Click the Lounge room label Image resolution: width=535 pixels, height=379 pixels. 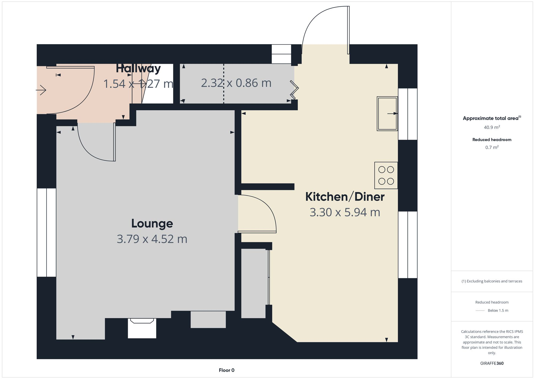(x=152, y=224)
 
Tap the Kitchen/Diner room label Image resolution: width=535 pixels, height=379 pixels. (x=345, y=197)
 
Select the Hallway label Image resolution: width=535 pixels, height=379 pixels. (x=138, y=69)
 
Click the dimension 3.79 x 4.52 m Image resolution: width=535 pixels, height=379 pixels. (x=152, y=239)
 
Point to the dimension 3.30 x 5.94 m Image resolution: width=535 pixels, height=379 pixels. (x=345, y=212)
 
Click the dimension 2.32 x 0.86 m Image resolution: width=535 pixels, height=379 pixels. (x=236, y=83)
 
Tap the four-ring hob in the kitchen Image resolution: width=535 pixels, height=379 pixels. (x=386, y=175)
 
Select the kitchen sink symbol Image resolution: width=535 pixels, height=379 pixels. (x=387, y=114)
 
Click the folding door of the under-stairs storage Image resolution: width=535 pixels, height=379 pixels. (x=294, y=88)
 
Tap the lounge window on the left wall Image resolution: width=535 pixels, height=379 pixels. (x=47, y=232)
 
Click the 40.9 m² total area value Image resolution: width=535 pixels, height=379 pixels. (x=492, y=127)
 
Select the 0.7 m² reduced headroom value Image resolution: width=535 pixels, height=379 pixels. (x=492, y=148)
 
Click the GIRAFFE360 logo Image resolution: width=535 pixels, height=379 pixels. (x=492, y=363)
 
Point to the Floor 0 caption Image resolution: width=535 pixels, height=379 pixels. (x=227, y=370)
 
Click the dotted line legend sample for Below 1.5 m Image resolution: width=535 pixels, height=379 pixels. (x=480, y=311)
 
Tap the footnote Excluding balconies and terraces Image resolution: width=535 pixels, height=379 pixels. (x=492, y=281)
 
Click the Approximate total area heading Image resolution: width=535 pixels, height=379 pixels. (x=492, y=118)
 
